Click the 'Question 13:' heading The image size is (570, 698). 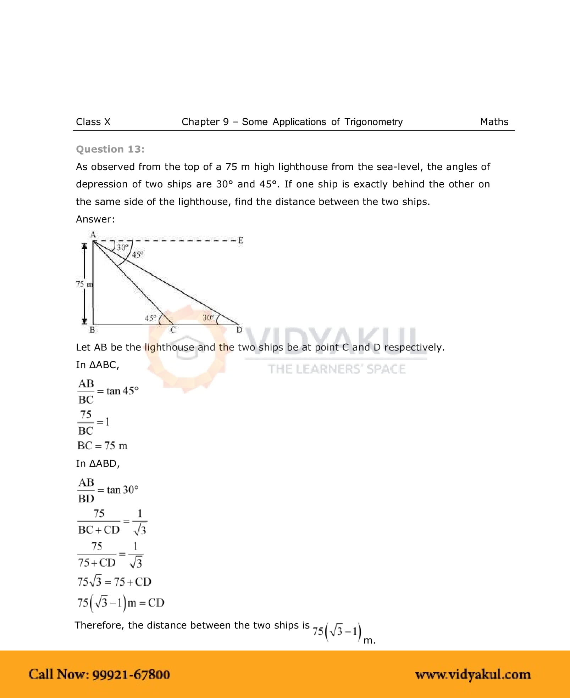(110, 149)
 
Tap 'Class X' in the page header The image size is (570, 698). (93, 122)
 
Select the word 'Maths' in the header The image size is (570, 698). (494, 122)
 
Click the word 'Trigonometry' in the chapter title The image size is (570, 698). (373, 122)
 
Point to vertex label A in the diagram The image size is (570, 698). (93, 234)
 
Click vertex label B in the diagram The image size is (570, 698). (92, 330)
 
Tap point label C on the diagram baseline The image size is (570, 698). (173, 330)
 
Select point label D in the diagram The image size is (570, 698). (239, 330)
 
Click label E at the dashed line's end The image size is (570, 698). (240, 241)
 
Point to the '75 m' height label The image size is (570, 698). (84, 284)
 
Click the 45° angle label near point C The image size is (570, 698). (150, 318)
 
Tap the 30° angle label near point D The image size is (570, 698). (208, 317)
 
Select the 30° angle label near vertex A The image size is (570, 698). (122, 247)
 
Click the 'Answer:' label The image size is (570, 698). (95, 219)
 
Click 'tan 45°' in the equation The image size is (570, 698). (122, 391)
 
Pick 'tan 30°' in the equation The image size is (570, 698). (122, 490)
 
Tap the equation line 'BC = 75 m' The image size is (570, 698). (102, 446)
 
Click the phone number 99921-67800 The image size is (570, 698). (131, 674)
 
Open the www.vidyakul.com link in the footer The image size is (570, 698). (473, 674)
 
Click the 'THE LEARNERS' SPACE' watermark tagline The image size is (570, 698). (337, 369)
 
